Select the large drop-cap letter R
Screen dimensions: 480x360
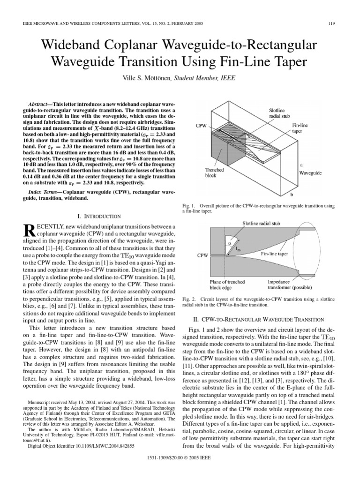[x=29, y=231]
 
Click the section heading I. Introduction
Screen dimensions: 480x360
[x=99, y=216]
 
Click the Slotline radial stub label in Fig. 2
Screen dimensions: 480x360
[x=261, y=224]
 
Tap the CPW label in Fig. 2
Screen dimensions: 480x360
[x=202, y=256]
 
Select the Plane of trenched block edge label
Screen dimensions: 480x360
[x=226, y=285]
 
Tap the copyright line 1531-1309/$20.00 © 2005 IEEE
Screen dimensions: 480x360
[x=180, y=468]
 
